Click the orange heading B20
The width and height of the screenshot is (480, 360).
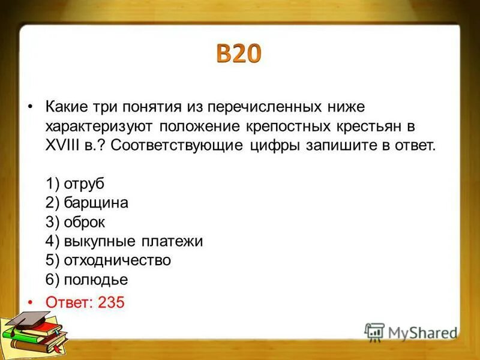pyautogui.click(x=239, y=55)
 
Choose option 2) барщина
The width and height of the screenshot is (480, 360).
pyautogui.click(x=86, y=203)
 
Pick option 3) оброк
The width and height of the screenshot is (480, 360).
pyautogui.click(x=75, y=223)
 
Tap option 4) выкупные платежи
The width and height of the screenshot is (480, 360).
pyautogui.click(x=124, y=242)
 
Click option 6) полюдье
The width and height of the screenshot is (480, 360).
pyautogui.click(x=86, y=280)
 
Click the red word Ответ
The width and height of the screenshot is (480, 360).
pyautogui.click(x=67, y=302)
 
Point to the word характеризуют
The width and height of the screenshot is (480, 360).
pyautogui.click(x=99, y=127)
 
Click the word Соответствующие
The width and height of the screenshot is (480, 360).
pyautogui.click(x=176, y=146)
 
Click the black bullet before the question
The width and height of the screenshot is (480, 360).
pyautogui.click(x=30, y=107)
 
